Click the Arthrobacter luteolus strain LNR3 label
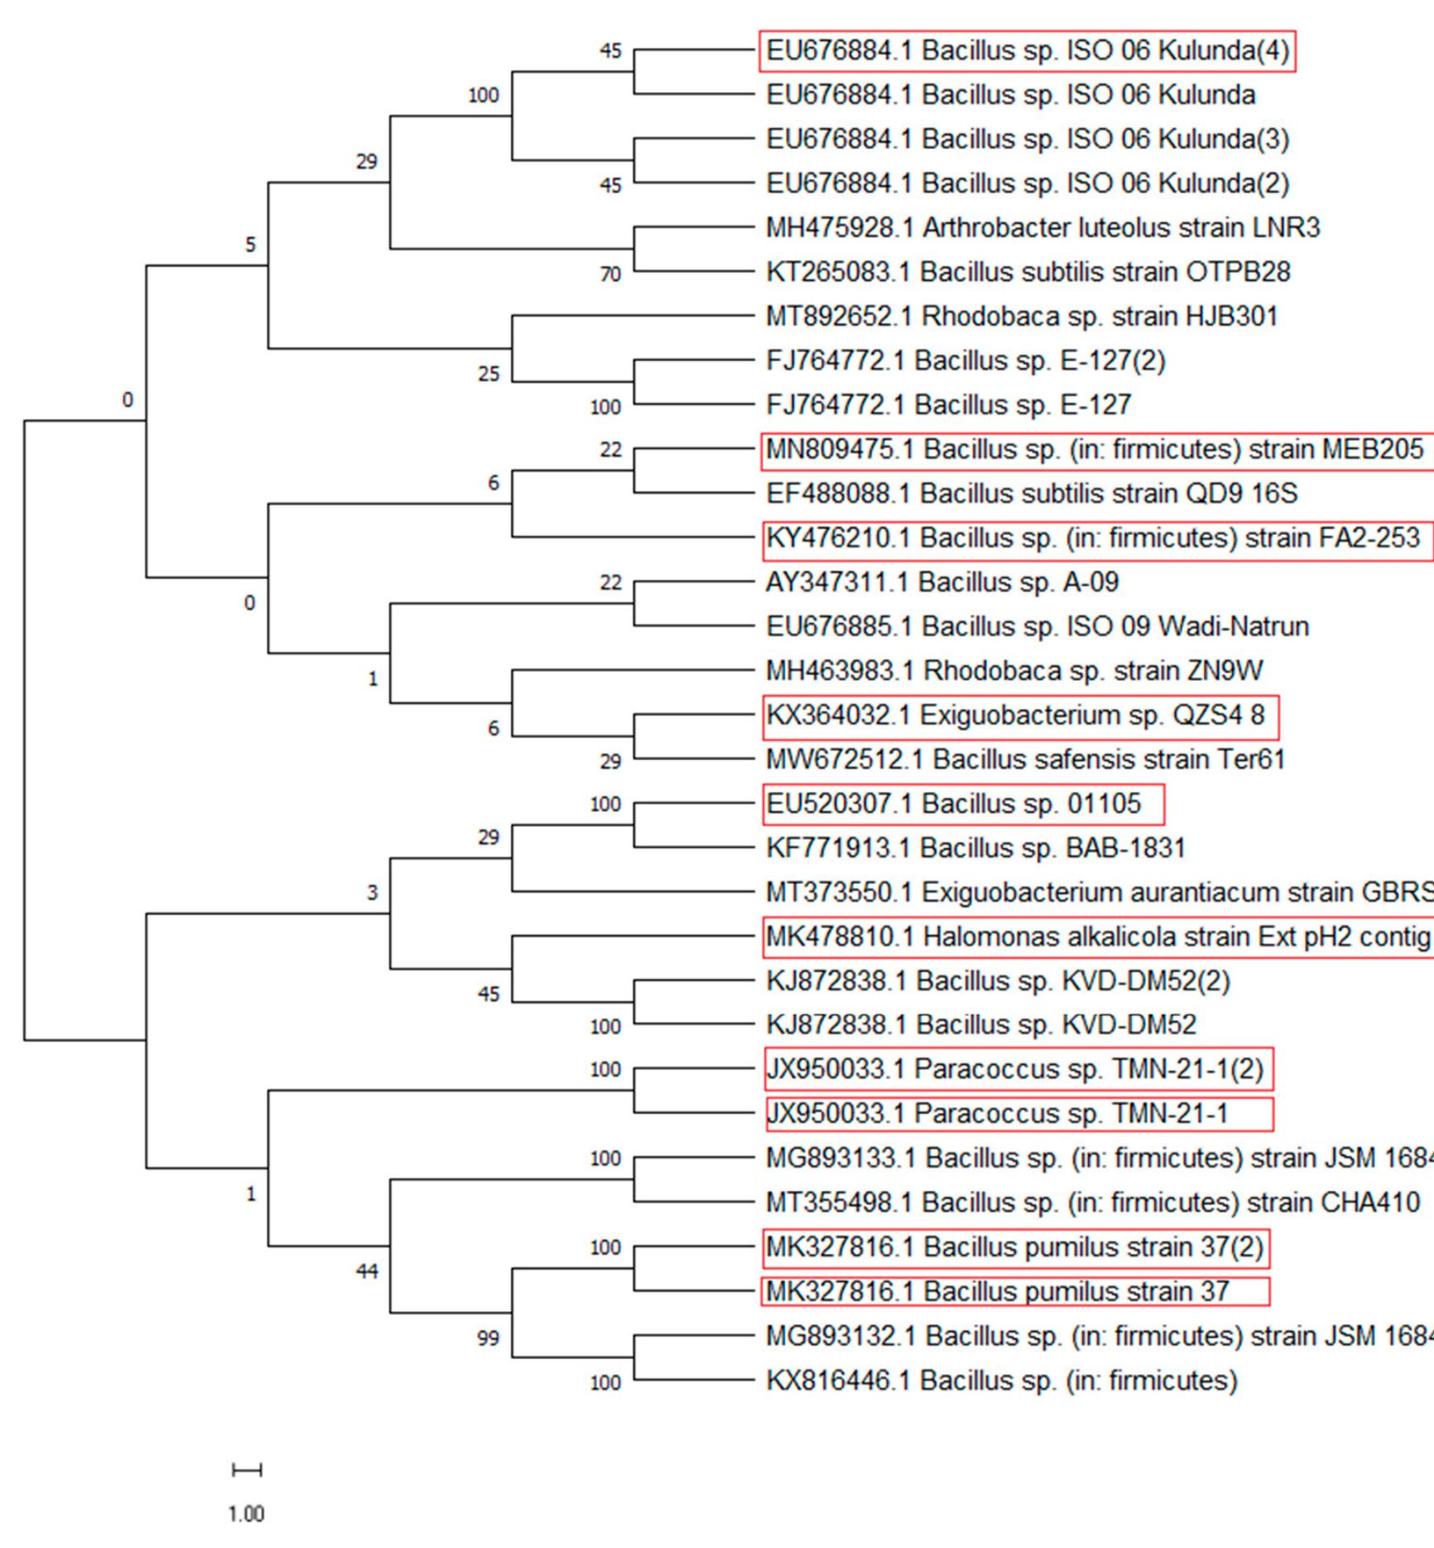click(1042, 228)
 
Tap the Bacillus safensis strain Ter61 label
click(1025, 760)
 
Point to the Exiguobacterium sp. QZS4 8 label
click(1015, 716)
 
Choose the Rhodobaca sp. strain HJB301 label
click(1022, 316)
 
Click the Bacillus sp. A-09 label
click(942, 582)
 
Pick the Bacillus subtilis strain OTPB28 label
click(1027, 272)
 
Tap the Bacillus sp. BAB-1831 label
click(975, 848)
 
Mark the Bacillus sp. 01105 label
click(953, 803)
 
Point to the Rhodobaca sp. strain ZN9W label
click(1014, 671)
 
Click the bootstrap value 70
click(610, 274)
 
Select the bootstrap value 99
click(488, 1338)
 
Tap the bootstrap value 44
click(367, 1271)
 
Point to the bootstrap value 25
click(488, 374)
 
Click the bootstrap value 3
click(373, 893)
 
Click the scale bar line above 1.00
click(247, 1470)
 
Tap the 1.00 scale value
click(246, 1514)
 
